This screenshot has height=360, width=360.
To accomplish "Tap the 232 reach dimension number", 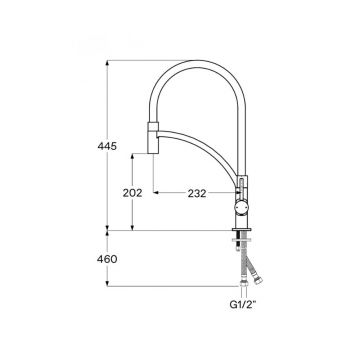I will (196, 193).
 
